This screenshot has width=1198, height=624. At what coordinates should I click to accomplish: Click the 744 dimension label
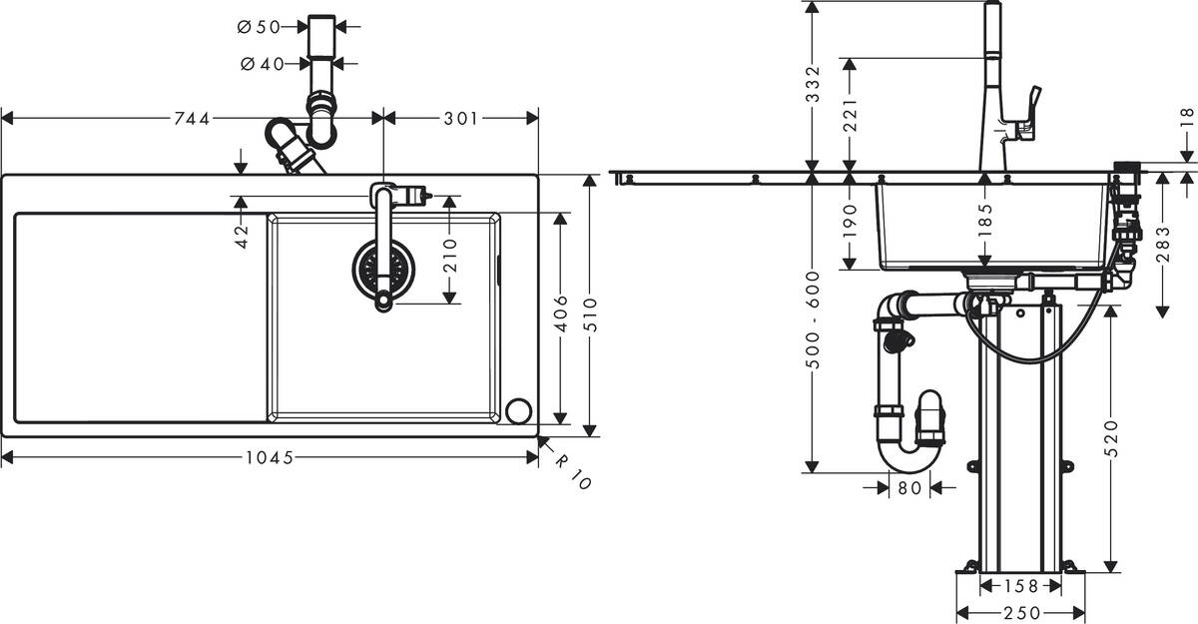point(192,119)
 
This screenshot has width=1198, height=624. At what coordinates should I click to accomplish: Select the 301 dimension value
point(460,119)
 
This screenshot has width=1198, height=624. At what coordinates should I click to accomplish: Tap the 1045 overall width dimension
point(269,458)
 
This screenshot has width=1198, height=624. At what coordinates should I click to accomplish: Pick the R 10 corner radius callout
point(574,471)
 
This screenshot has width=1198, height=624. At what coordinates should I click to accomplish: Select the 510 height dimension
point(590,305)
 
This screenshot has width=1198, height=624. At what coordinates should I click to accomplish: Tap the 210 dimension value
point(449,249)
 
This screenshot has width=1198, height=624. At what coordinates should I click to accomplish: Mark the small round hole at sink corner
point(519,410)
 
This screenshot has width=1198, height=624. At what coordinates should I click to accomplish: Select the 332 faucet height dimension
point(813,84)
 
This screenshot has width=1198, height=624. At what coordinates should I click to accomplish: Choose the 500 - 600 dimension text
point(813,320)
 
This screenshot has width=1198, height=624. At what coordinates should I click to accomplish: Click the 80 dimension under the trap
point(908,488)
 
